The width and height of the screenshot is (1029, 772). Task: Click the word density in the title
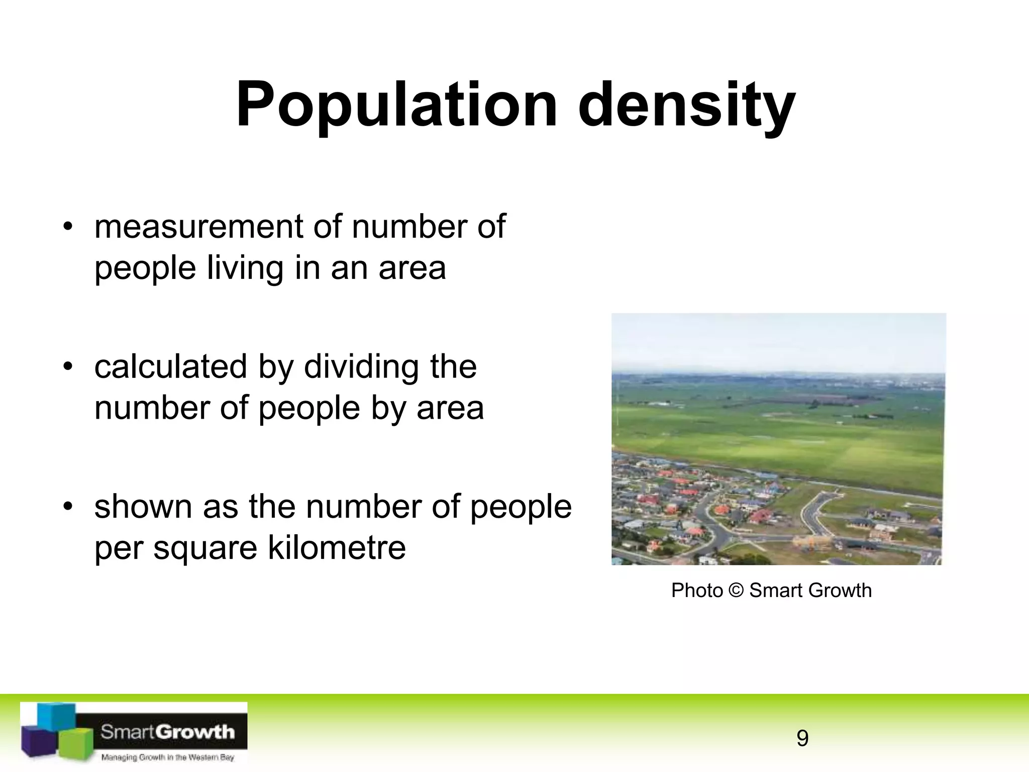pyautogui.click(x=686, y=106)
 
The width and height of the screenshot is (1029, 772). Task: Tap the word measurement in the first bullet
pyautogui.click(x=199, y=227)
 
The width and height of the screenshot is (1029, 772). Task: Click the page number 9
pyautogui.click(x=802, y=738)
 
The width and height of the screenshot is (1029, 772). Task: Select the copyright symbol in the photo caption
pyautogui.click(x=736, y=590)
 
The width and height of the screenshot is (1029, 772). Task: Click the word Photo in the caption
pyautogui.click(x=697, y=590)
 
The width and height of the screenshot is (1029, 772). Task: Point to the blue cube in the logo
pyautogui.click(x=56, y=716)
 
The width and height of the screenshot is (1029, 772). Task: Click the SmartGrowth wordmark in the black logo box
pyautogui.click(x=167, y=732)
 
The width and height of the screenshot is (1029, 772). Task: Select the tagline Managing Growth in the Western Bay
pyautogui.click(x=167, y=757)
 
